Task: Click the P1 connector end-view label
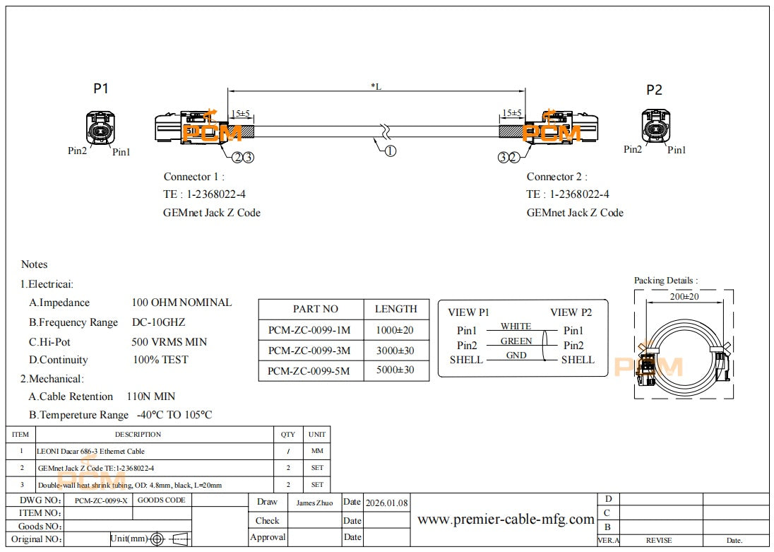coord(101,88)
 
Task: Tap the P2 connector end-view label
coord(654,90)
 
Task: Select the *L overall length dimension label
coord(376,86)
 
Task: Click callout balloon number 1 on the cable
coord(390,151)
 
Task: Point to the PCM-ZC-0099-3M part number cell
coord(310,351)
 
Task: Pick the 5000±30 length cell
coord(395,370)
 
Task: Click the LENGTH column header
coord(395,309)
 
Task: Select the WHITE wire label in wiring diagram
coord(516,326)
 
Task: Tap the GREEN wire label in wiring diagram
coord(516,341)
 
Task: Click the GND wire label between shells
coord(516,355)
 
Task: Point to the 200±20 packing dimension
coord(684,296)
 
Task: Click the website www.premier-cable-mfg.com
coord(506,519)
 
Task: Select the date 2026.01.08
coord(386,503)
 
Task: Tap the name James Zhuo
coord(314,503)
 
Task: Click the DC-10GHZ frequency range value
coord(158,322)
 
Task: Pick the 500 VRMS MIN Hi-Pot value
coord(169,341)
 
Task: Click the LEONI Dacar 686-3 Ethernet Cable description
coord(90,451)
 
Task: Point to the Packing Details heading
coord(665,281)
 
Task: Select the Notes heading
coord(35,264)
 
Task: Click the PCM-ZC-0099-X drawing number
coord(101,500)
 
